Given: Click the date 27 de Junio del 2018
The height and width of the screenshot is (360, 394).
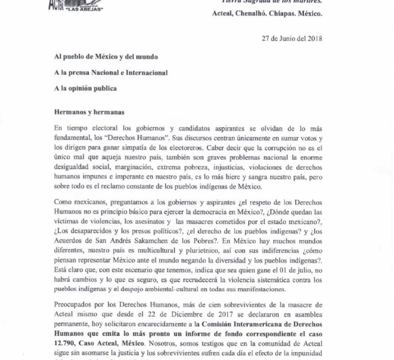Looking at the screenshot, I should click(x=292, y=38).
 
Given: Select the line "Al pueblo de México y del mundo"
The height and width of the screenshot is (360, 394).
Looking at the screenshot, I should click(x=106, y=57).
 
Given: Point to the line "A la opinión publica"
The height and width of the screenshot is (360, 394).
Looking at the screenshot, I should click(x=85, y=88).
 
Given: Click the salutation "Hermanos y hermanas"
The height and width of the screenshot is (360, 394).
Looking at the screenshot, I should click(x=89, y=112).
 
